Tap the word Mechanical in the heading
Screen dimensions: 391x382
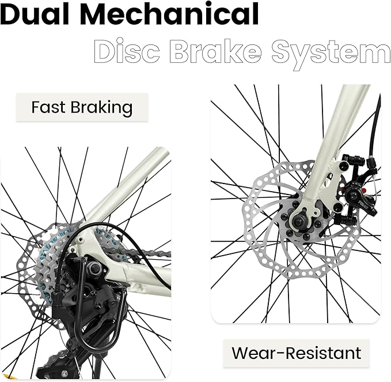coord(169,14)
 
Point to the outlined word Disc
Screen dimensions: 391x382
coord(127,51)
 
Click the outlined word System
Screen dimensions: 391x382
coord(332,54)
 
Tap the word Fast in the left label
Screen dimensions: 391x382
coord(48,107)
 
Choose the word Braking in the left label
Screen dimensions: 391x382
coord(101,108)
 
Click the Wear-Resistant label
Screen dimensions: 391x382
coord(296,353)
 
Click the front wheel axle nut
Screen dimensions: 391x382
coord(298,221)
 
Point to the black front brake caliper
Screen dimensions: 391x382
coord(356,190)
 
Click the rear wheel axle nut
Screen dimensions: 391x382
coord(95,268)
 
